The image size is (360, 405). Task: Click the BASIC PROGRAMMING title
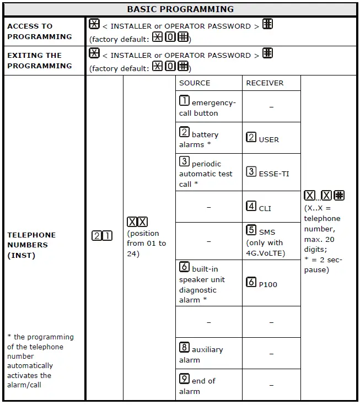tap(180, 9)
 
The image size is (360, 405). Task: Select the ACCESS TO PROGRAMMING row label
tap(39, 31)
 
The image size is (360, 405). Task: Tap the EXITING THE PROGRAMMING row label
tap(39, 61)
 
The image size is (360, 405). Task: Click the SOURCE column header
tap(195, 83)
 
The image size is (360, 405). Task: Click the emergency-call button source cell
tap(208, 107)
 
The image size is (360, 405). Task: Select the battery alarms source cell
tap(208, 138)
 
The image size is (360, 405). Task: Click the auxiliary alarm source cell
tap(208, 354)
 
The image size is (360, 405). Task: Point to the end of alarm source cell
tap(208, 385)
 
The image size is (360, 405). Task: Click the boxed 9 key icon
tap(185, 380)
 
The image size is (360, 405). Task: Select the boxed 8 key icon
tap(185, 348)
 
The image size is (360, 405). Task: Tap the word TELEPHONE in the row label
tap(31, 235)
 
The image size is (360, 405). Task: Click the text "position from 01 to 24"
tap(146, 243)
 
